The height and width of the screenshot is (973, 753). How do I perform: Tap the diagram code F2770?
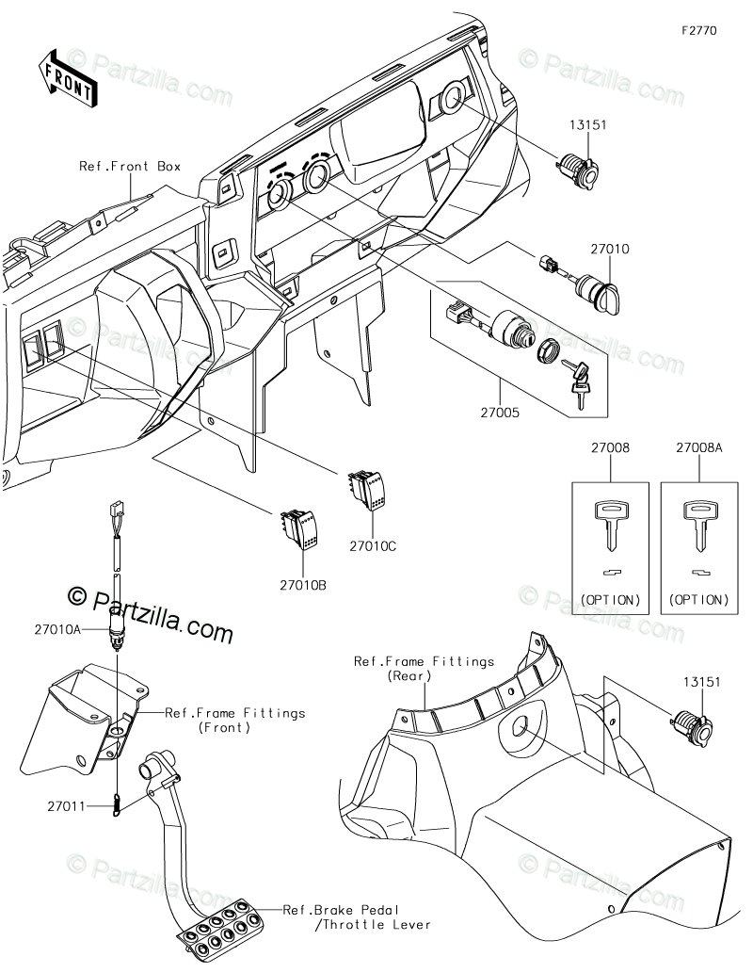pos(699,30)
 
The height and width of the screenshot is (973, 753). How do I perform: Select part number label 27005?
pos(499,413)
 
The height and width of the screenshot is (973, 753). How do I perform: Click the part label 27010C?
pos(372,546)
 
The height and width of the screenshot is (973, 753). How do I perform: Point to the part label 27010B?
pos(303,585)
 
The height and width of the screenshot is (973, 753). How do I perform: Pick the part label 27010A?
pos(57,629)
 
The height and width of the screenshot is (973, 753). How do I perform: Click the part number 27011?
pos(67,806)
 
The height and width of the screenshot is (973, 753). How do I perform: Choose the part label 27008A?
pos(699,447)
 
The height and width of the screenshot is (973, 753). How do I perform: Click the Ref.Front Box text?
pos(130,167)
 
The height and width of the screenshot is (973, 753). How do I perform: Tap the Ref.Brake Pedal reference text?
pos(341,910)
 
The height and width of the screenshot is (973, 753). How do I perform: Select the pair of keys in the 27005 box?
pos(577,383)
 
